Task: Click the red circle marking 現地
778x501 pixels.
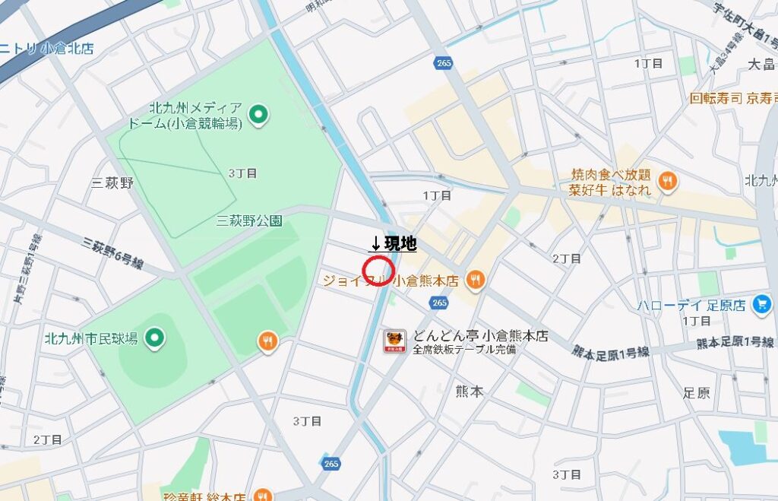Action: [x=378, y=269]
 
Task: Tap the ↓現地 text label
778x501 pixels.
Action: [x=393, y=244]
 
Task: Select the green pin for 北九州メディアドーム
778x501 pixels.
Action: [x=259, y=115]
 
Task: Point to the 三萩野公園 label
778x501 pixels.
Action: [x=249, y=221]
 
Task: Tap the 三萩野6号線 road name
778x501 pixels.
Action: [x=114, y=252]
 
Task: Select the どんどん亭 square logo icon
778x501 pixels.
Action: [x=394, y=341]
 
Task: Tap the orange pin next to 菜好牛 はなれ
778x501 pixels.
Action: [x=668, y=180]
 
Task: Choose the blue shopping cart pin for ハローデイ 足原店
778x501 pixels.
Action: [x=761, y=304]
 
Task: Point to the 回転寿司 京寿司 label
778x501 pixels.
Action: [x=732, y=98]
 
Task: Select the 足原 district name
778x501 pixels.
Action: [x=696, y=392]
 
